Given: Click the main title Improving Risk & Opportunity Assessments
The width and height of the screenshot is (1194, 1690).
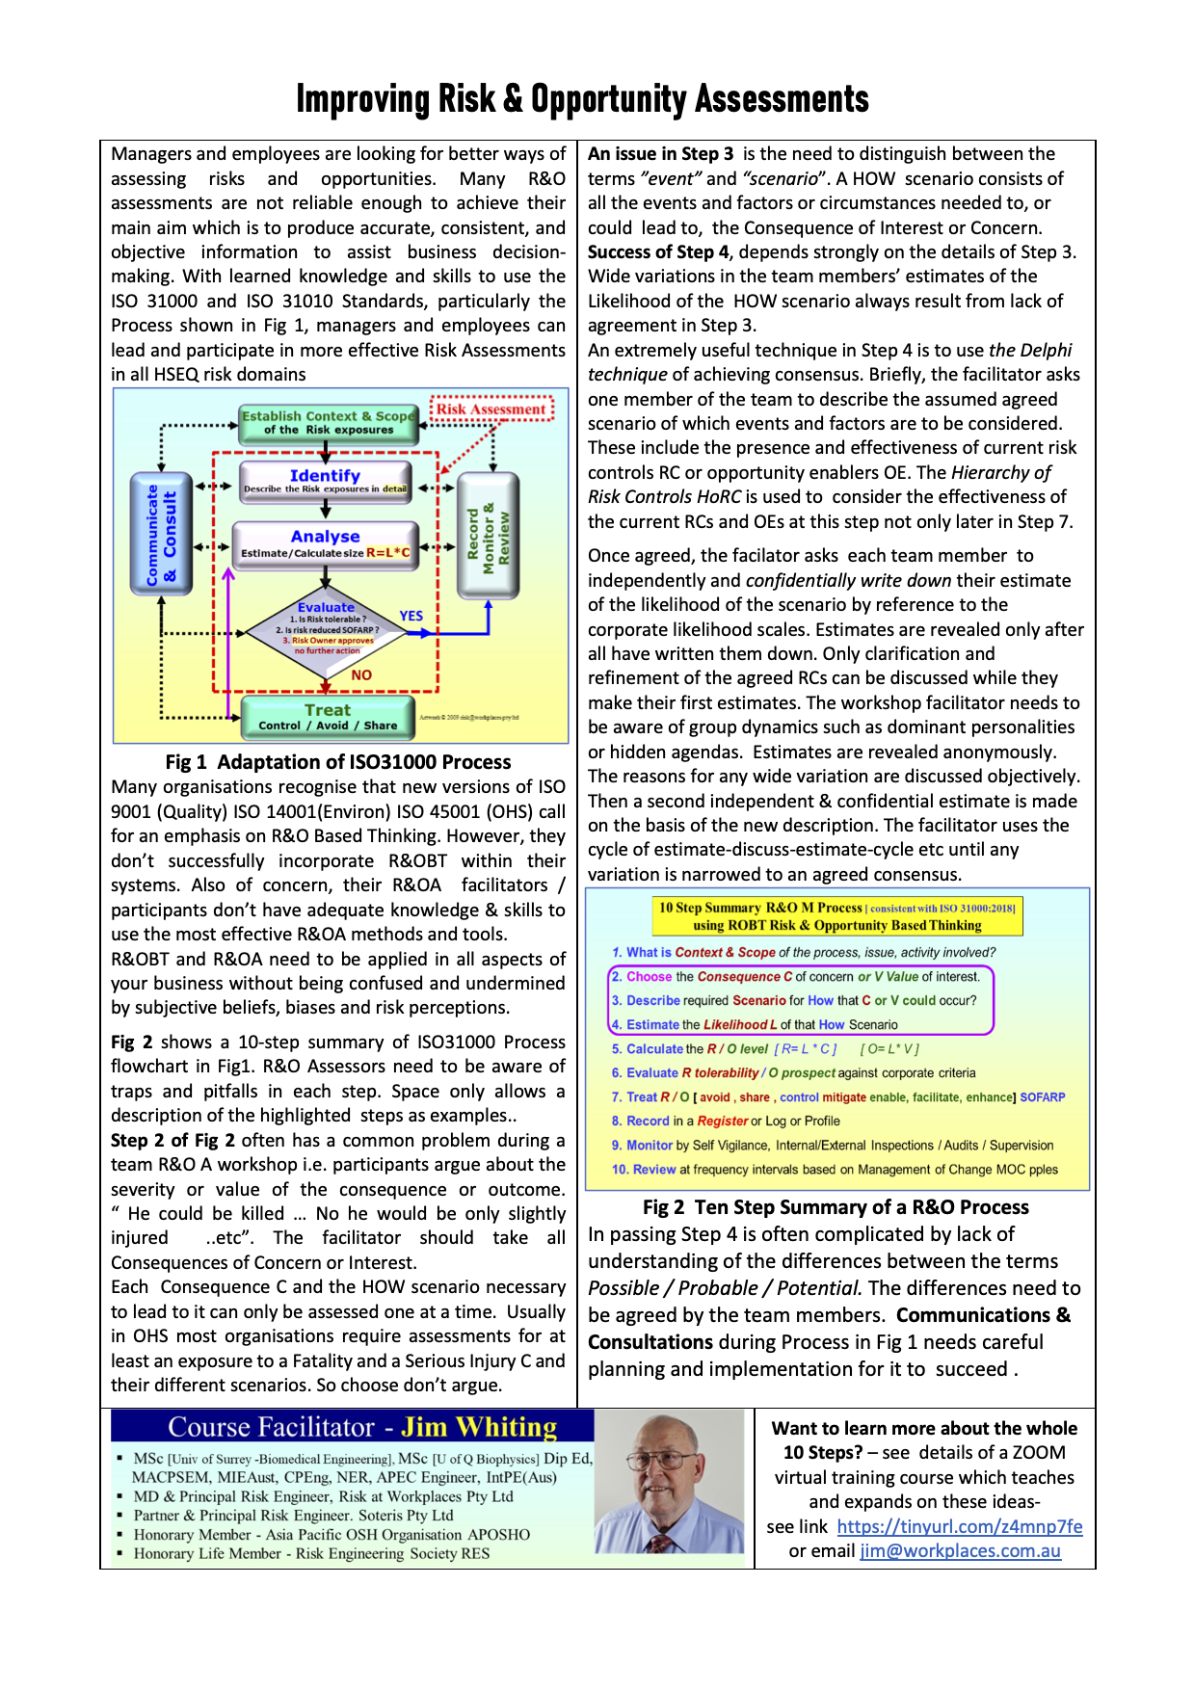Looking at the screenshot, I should point(582,99).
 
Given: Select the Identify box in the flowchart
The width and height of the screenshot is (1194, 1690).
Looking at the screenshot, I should point(325,481).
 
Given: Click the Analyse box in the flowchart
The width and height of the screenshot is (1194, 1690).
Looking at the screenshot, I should point(325,543).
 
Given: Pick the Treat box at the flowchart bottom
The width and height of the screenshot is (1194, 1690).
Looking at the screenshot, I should point(328,717).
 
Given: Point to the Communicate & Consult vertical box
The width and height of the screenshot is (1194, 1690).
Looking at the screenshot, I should point(161,534).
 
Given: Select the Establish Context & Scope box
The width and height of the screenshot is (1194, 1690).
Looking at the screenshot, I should point(328,422).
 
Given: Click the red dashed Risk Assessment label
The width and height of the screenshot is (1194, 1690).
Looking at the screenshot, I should point(491,409).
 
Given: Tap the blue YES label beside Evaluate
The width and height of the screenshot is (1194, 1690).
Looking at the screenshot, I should point(411,616).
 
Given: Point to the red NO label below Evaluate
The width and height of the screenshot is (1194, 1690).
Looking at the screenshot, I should point(361,675).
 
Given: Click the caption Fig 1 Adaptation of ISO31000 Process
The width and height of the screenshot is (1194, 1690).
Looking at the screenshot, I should point(338,762).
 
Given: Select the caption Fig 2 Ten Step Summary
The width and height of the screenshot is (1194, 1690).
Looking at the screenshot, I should point(836,1207).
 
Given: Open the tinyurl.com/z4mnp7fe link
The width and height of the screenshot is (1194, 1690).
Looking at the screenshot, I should point(959,1526).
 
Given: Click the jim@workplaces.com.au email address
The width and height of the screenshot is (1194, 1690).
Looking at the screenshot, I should point(960,1551).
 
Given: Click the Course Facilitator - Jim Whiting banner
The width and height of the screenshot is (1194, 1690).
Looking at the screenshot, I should point(352,1427).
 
